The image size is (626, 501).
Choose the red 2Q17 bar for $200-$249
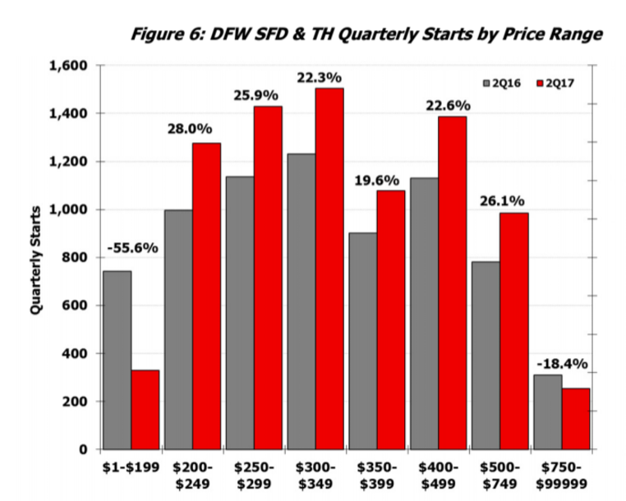pos(205,296)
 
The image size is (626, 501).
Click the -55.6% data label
pos(131,248)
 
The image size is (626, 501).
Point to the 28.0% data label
pos(191,129)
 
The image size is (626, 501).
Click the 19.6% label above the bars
pos(376,180)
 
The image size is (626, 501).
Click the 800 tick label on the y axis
pos(76,257)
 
